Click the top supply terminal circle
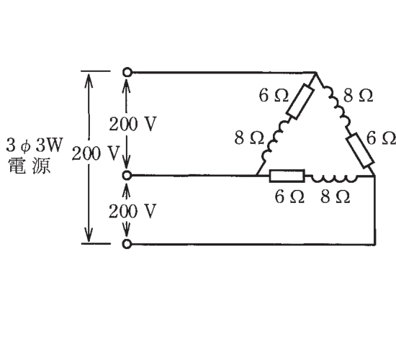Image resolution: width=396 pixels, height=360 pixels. [127, 72]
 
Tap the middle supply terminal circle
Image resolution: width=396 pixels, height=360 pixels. [127, 175]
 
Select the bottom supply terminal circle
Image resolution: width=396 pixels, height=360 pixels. [127, 244]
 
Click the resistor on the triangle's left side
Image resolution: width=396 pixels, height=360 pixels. [300, 102]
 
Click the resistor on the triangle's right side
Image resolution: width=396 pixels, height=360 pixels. [361, 150]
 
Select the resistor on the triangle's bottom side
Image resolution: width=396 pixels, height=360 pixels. [287, 176]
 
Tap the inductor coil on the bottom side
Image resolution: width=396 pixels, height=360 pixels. [334, 178]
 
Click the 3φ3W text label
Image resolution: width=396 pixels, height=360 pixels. [34, 145]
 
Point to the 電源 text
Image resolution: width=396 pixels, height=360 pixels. [30, 166]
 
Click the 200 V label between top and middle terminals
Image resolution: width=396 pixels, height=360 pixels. [133, 124]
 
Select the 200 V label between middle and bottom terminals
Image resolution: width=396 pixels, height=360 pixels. [133, 211]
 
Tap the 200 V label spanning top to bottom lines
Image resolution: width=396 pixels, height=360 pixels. [95, 153]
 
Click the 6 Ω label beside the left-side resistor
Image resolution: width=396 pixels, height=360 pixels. [274, 96]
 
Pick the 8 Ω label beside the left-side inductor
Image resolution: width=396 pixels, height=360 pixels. [249, 138]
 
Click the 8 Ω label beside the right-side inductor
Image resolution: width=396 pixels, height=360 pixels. [358, 96]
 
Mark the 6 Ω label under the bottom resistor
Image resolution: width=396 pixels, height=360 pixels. [289, 197]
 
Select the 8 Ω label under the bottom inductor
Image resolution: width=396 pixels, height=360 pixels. [336, 197]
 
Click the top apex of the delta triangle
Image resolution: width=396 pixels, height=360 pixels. [315, 73]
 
